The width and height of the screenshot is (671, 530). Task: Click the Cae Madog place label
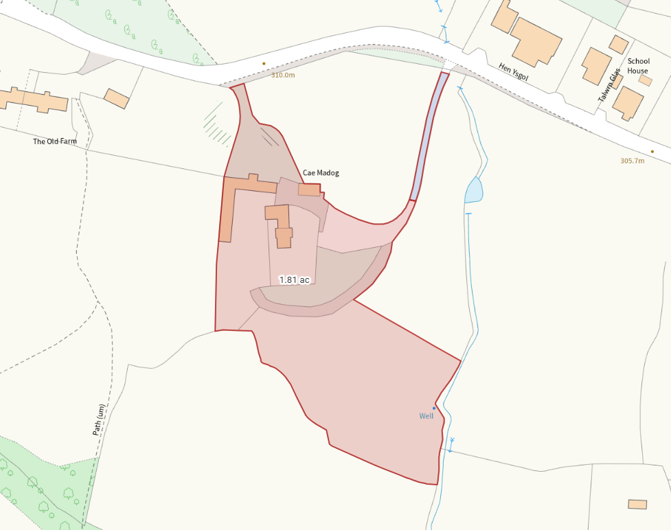321,173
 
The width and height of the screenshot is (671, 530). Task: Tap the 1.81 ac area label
294,280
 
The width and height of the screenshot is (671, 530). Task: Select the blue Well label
427,416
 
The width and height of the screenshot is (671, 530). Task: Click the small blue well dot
434,408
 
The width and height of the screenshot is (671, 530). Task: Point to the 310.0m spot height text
283,75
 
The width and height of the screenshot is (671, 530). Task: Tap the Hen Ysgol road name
513,72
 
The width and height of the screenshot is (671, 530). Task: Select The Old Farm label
55,141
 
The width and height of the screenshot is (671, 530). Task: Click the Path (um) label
100,420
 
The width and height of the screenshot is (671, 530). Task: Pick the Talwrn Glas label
609,85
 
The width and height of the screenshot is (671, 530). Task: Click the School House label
637,66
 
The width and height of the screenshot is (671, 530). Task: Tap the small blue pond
473,190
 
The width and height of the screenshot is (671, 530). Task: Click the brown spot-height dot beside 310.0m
264,64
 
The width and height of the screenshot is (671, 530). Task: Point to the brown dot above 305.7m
652,152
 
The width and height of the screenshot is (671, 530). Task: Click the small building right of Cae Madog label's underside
309,189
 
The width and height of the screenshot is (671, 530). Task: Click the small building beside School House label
645,80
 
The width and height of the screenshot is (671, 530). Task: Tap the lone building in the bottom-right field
637,505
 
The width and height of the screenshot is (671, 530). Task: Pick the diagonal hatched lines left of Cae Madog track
218,124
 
